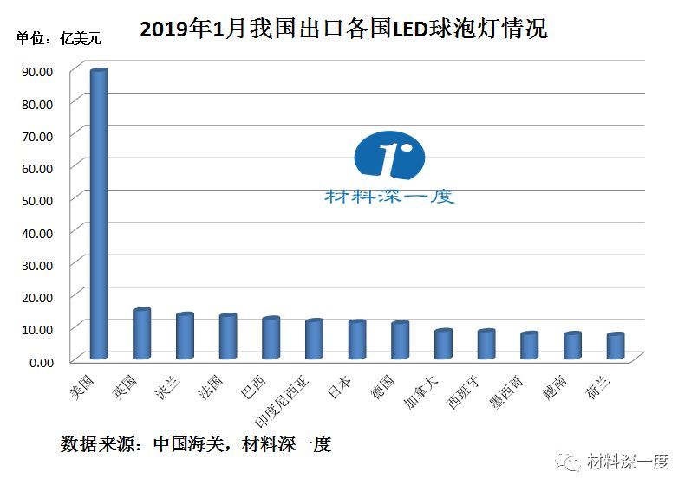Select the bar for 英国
pos(141,334)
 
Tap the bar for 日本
pos(356,340)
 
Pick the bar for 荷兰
pos(615,346)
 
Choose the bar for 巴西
pos(271,339)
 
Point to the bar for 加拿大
pos(442,345)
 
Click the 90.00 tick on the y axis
pos(36,72)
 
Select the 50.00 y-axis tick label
pos(36,200)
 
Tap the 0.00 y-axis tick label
pos(40,361)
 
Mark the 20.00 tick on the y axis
pos(36,297)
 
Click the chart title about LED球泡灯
pos(343,29)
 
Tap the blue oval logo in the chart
pos(390,157)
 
